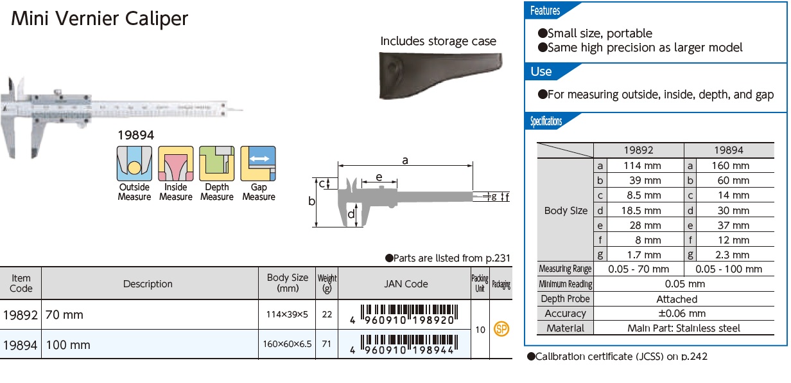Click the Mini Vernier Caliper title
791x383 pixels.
(x=100, y=19)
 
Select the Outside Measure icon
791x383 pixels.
(x=134, y=164)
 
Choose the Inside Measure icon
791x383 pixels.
(x=175, y=164)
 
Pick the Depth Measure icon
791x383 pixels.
(x=216, y=164)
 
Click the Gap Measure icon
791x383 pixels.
(x=258, y=164)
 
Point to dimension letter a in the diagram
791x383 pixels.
(x=405, y=161)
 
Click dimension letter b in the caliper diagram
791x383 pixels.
(x=311, y=201)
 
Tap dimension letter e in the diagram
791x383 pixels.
(x=379, y=177)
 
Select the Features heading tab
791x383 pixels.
(x=545, y=11)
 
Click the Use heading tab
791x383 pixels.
(x=541, y=71)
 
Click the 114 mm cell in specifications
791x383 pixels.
(x=643, y=165)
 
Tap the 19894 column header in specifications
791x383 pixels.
(x=728, y=150)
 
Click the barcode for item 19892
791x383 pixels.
(x=405, y=314)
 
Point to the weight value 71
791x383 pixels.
(x=327, y=344)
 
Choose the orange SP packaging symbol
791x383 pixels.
(x=501, y=329)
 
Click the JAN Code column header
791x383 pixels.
(x=406, y=283)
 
